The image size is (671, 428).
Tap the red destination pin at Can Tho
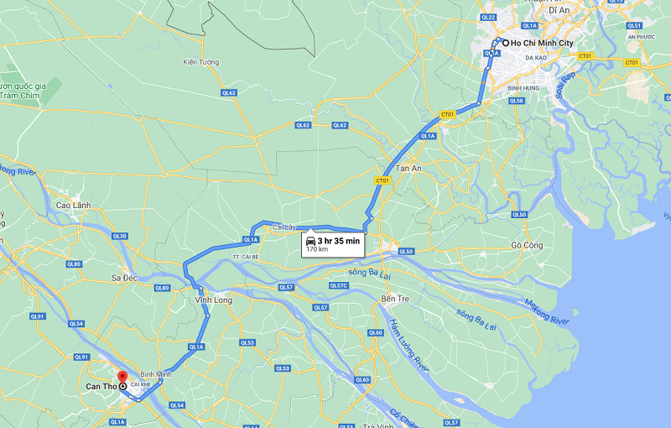pos(122,377)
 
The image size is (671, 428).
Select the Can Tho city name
pos(101,387)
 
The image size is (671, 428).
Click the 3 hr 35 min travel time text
pos(339,240)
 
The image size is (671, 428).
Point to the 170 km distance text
pos(317,249)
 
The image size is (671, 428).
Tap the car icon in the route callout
pos(311,240)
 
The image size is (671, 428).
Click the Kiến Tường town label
pos(200,62)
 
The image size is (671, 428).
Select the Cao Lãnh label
pos(72,205)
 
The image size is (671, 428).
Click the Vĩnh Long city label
pos(212,300)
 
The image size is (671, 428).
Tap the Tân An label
pos(408,168)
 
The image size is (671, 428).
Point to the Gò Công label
pos(527,245)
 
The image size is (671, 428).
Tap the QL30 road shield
pos(119,236)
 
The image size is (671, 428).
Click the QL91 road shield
pos(37,316)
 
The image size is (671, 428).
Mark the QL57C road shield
pos(337,286)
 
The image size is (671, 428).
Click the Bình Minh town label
pos(156,374)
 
